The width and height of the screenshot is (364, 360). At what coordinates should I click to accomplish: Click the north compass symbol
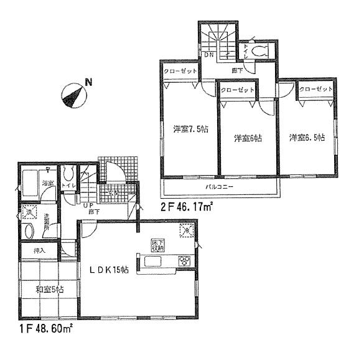[x=73, y=95]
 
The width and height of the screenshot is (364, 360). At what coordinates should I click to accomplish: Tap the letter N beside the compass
[x=88, y=82]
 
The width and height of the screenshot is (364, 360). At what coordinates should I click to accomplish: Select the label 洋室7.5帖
[x=186, y=130]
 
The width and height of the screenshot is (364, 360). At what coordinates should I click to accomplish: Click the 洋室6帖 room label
[x=248, y=138]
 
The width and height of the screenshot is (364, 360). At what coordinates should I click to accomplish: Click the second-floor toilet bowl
[x=259, y=52]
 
